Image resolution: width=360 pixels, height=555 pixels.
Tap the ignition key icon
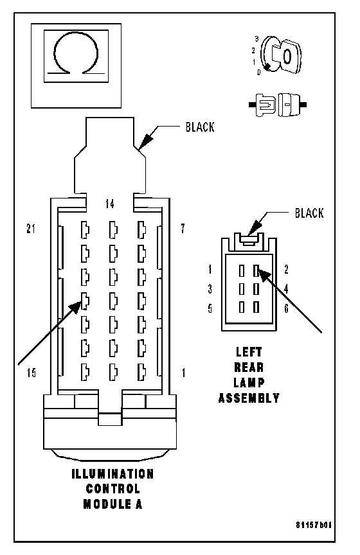281,56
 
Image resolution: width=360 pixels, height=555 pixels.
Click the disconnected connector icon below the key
278,105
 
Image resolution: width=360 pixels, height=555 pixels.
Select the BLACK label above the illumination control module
200,127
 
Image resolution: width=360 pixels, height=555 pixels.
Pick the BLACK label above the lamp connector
309,213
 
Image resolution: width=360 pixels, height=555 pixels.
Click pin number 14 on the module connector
110,204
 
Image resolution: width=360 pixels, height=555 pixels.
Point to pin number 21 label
31,229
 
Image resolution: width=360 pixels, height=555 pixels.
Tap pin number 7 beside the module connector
183,229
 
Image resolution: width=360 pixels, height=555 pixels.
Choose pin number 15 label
32,373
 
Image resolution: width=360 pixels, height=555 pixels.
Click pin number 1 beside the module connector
183,373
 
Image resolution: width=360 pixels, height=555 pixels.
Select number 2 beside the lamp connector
286,270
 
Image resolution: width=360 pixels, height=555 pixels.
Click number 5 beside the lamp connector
210,308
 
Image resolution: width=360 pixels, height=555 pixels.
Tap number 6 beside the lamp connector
286,308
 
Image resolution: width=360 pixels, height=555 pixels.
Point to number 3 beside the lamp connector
210,289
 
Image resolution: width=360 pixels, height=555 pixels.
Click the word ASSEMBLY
249,398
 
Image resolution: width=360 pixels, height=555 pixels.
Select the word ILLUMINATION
113,474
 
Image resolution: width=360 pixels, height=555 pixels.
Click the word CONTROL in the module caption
113,489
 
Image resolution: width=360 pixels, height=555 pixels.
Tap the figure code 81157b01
314,525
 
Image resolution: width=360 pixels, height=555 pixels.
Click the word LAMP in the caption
249,383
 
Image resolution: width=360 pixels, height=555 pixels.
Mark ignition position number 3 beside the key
257,39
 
